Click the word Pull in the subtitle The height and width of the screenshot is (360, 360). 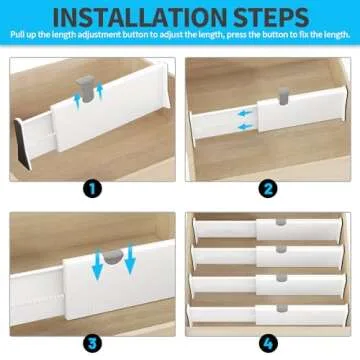coord(22,38)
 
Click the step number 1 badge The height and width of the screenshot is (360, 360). coord(92,186)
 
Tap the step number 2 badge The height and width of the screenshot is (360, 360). coord(268,186)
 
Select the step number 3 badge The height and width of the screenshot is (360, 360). coord(92,339)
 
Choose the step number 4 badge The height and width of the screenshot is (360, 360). coord(268,339)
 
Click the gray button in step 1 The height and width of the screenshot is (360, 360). coord(100,89)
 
